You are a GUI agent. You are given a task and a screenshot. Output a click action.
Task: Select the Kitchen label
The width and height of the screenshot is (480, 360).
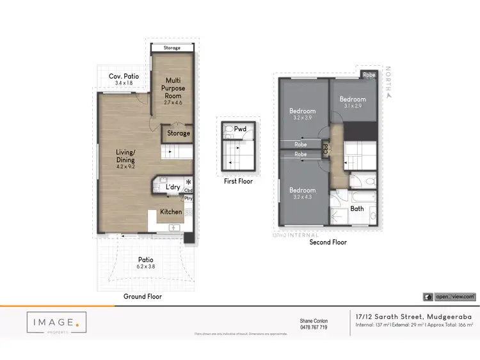coord(171,212)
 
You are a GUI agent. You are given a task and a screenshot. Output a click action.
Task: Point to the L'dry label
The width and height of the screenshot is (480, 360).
coord(173,187)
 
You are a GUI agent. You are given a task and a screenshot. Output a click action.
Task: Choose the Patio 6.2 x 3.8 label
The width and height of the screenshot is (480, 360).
coord(146,263)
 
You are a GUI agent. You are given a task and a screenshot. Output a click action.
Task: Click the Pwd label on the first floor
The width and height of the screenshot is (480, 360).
coord(240,129)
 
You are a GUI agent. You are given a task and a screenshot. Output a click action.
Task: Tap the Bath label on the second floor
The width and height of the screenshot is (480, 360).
coord(356,208)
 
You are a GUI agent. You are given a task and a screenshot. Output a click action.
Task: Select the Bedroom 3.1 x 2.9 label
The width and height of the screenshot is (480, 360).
coord(353,102)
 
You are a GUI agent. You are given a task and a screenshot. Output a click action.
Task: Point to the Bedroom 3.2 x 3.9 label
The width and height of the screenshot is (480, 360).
coord(302,114)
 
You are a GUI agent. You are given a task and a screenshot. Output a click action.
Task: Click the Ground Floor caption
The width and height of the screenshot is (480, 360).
coord(143,297)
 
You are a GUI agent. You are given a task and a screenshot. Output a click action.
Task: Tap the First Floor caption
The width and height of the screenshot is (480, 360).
coord(238,182)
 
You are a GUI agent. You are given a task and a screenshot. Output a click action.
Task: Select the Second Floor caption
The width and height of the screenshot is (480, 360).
coord(328,242)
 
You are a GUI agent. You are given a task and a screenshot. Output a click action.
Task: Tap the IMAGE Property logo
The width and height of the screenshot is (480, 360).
coord(56,325)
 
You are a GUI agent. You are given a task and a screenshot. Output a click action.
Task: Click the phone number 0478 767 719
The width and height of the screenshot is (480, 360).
coord(314,327)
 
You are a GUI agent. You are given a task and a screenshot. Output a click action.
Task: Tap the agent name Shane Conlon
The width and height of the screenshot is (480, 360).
coord(314,321)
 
